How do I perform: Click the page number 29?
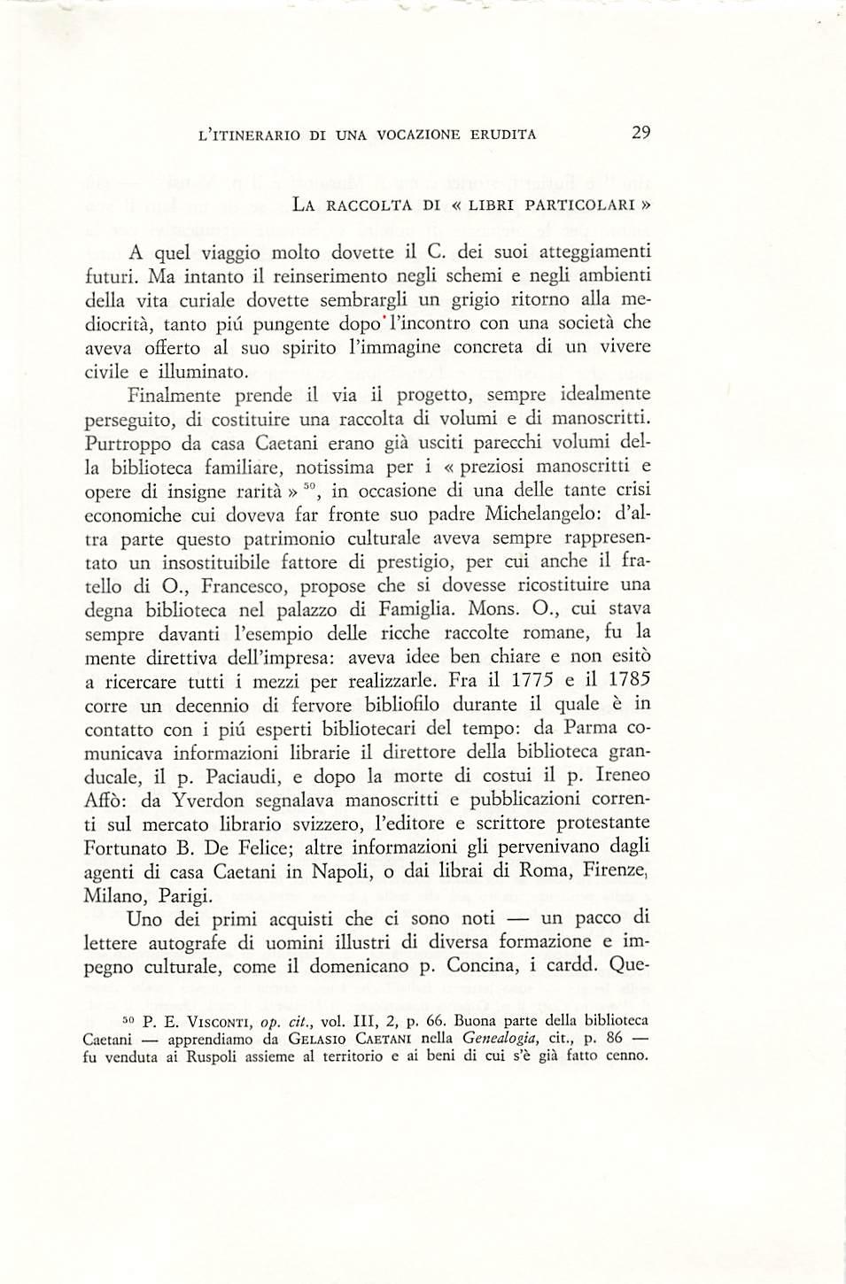[641, 133]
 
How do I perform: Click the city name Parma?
[594, 729]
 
